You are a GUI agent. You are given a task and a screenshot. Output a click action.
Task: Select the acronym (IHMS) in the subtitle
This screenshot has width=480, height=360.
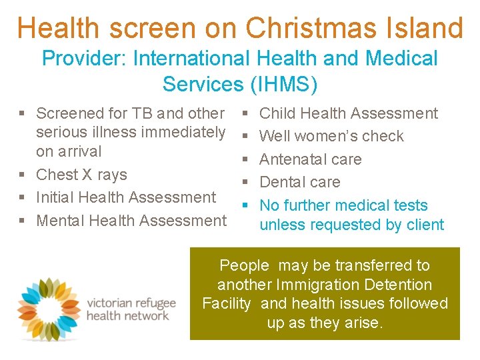click(x=282, y=85)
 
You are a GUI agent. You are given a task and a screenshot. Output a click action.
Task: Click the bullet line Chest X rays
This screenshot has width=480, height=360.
click(x=81, y=175)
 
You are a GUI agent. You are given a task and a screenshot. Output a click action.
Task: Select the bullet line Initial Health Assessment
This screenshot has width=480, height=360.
click(x=126, y=197)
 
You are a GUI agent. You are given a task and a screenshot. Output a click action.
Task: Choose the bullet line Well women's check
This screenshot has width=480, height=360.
click(x=331, y=137)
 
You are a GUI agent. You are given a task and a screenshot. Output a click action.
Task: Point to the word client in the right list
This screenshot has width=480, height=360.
click(x=425, y=225)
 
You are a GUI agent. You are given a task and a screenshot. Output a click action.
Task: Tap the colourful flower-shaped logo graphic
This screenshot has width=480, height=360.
click(x=48, y=309)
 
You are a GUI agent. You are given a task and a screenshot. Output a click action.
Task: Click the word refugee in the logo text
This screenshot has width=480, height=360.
click(x=157, y=303)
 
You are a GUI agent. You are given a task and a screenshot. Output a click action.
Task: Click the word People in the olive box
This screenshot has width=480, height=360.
click(x=244, y=265)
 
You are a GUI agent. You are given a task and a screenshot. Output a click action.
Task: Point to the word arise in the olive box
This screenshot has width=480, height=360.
click(x=362, y=323)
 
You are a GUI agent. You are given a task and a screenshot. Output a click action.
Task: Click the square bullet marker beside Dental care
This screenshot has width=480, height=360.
click(x=245, y=183)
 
